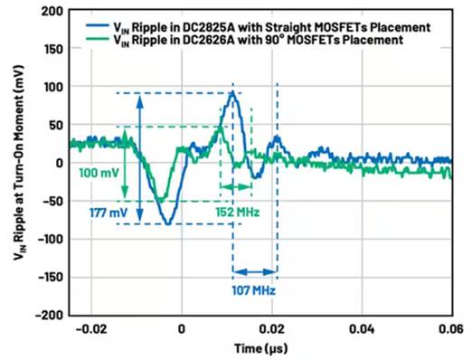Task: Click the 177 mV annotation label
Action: tap(109, 213)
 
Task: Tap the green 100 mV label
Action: tap(99, 173)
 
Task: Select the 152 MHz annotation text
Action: tap(238, 213)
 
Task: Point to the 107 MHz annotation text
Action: tap(253, 290)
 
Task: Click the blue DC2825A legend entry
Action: tap(259, 27)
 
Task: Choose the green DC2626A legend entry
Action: tap(245, 40)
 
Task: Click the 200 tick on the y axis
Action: tap(52, 12)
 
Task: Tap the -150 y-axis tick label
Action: tap(50, 277)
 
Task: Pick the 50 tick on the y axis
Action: tap(56, 125)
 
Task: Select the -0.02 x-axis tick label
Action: tap(91, 329)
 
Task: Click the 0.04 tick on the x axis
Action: tap(362, 329)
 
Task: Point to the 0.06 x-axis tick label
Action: tap(451, 329)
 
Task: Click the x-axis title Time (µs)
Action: tap(261, 348)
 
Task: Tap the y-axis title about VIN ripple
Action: tap(20, 163)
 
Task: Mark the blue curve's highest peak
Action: tap(232, 92)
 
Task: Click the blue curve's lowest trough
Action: tap(168, 223)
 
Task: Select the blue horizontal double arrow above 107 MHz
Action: tap(255, 272)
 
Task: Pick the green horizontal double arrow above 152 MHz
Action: tap(236, 187)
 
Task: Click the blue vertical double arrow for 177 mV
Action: tap(139, 158)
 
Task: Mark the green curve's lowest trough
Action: tap(161, 200)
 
